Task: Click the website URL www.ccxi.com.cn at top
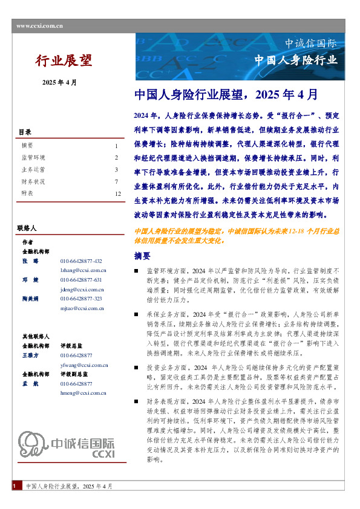(40, 25)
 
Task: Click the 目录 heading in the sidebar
(25, 132)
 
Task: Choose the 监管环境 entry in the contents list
(31, 158)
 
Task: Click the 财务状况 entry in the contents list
(31, 181)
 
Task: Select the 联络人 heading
(28, 229)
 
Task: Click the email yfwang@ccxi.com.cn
(83, 365)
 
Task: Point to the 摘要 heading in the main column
(142, 256)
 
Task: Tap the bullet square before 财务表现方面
(137, 401)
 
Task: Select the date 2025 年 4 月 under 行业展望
(59, 82)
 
